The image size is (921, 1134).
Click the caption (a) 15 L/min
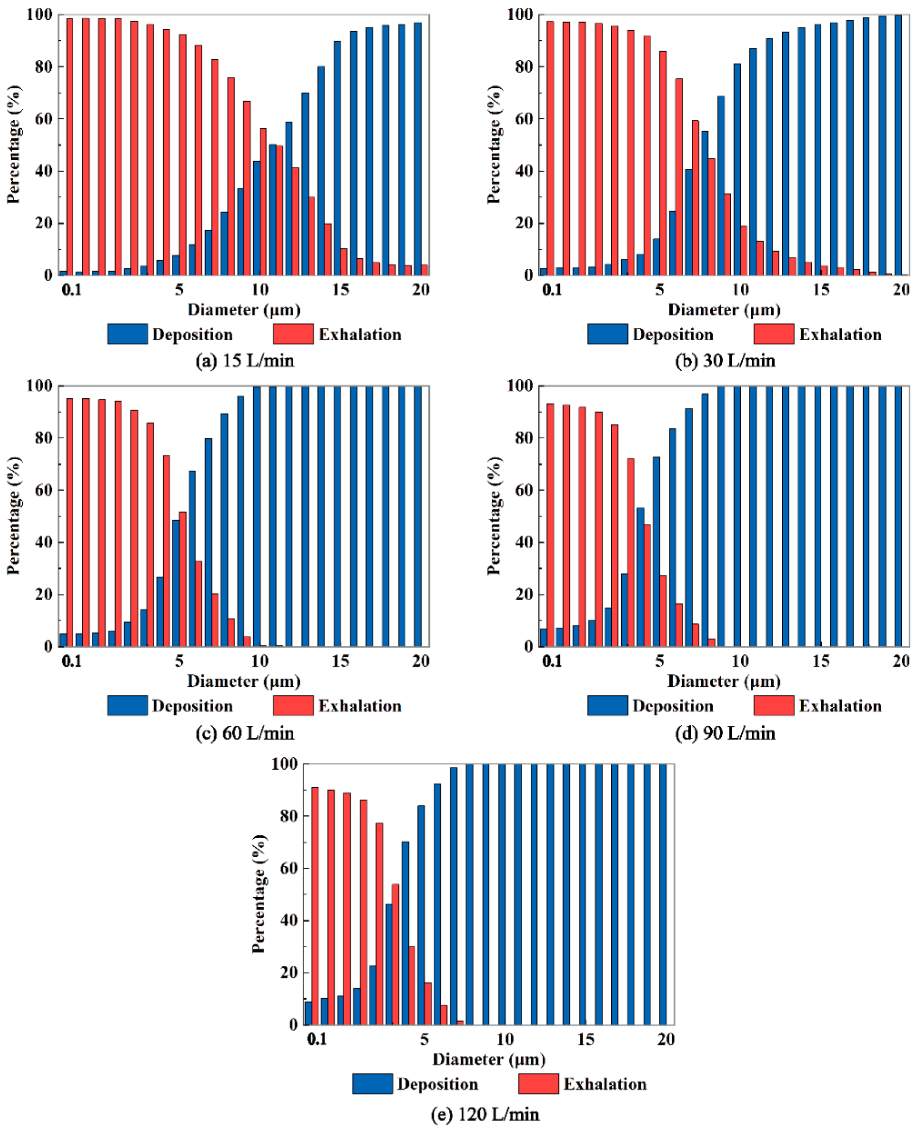pyautogui.click(x=244, y=361)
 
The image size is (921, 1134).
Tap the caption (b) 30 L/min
pyautogui.click(x=725, y=361)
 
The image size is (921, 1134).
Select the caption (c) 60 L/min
pyautogui.click(x=244, y=733)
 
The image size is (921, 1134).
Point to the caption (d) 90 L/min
pyautogui.click(x=725, y=733)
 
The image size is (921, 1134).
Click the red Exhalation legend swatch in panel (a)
pyautogui.click(x=293, y=334)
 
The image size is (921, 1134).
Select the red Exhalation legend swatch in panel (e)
pyautogui.click(x=538, y=1084)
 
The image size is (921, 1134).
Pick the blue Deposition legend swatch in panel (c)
pyautogui.click(x=127, y=705)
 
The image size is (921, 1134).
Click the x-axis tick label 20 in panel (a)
pyautogui.click(x=421, y=290)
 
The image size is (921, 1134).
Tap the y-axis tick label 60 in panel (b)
pyautogui.click(x=524, y=119)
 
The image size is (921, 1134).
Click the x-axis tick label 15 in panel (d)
pyautogui.click(x=821, y=661)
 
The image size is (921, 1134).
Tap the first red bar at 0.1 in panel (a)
pyautogui.click(x=69, y=146)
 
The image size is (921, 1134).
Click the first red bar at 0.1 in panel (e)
pyautogui.click(x=315, y=906)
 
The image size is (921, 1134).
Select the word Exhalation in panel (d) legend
pyautogui.click(x=840, y=706)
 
